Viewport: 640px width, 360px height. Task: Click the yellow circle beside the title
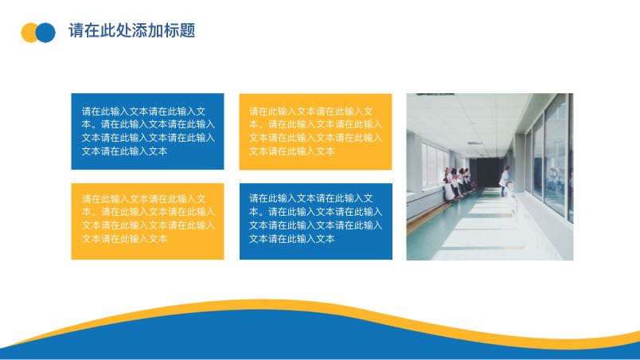pos(28,33)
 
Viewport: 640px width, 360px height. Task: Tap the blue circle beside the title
pos(45,33)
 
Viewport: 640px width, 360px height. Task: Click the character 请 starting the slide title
pos(76,30)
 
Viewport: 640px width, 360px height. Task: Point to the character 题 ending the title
pos(187,30)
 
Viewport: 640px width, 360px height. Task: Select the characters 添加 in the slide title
pos(148,30)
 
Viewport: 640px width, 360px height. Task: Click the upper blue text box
pos(147,131)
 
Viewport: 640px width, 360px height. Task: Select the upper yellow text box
pos(315,131)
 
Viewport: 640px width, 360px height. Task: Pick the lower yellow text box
pos(147,221)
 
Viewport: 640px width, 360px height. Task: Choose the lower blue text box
pos(316,221)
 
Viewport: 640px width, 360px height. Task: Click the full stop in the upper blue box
pos(94,126)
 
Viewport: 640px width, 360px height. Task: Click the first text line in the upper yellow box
pos(311,111)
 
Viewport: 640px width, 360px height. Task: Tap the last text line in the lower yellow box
pos(124,239)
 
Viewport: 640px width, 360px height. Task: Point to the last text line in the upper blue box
pos(124,151)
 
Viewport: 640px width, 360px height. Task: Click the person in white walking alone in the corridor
pos(505,182)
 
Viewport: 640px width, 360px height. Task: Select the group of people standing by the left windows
pos(458,184)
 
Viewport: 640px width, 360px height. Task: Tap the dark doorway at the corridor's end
pos(485,172)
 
